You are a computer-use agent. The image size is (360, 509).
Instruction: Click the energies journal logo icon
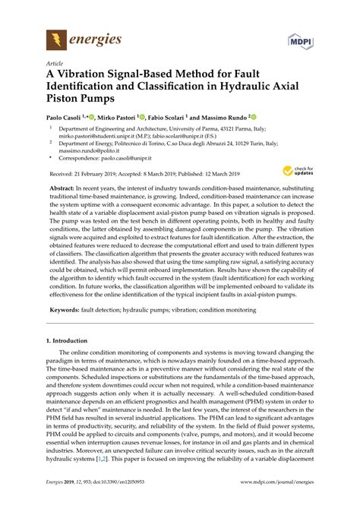[x=55, y=37]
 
